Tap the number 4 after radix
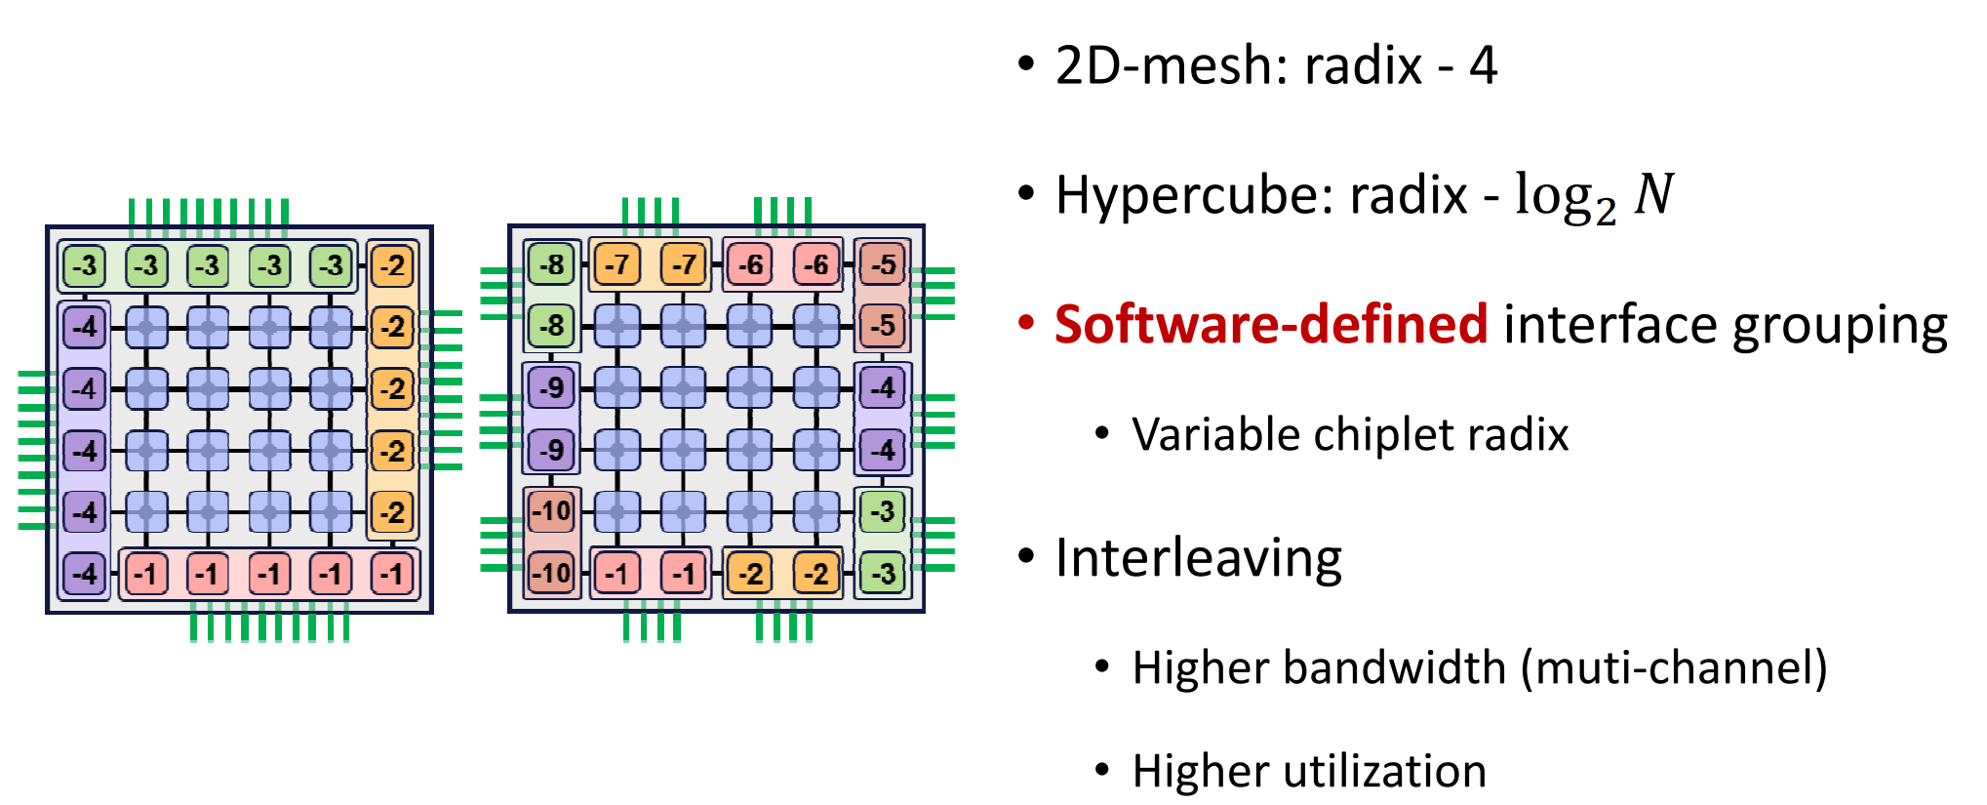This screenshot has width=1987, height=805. coord(1483,66)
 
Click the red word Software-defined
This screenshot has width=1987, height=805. coord(1271,325)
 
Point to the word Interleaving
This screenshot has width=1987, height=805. coord(1199,559)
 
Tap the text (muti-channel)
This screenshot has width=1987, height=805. coord(1674,668)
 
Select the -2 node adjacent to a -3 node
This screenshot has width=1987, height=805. coord(392,265)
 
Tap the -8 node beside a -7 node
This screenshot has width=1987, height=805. coord(552,264)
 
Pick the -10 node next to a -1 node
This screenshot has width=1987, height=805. coord(552,573)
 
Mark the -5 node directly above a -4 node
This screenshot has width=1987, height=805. coord(883,325)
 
